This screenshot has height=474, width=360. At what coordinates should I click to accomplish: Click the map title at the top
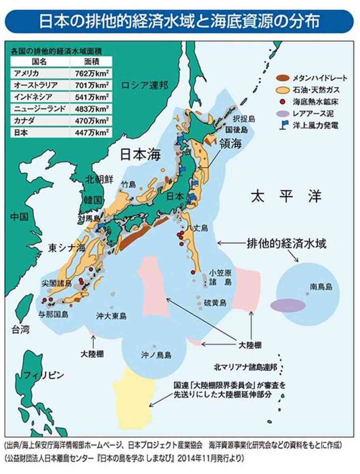click(180, 22)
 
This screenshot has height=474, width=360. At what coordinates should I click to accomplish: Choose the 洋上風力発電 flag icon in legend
click(282, 126)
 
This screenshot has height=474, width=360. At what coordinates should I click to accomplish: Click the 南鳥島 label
click(321, 287)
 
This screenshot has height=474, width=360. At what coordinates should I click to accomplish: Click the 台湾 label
click(20, 329)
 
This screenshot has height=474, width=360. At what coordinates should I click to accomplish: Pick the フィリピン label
click(43, 375)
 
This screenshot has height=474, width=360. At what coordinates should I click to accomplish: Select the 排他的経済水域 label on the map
click(286, 243)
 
